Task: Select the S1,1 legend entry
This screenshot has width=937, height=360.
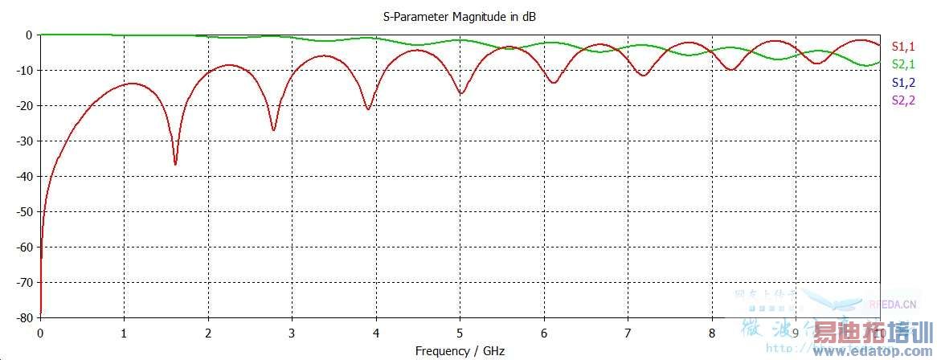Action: [x=904, y=46]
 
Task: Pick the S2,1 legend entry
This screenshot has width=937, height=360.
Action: [x=904, y=64]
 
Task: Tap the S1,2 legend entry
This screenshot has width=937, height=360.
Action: [x=904, y=83]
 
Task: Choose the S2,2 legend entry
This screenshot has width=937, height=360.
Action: [x=904, y=100]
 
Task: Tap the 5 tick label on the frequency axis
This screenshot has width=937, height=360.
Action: [x=460, y=333]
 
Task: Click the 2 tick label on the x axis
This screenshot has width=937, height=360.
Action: [x=208, y=333]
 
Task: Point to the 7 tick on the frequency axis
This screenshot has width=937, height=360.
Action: [x=628, y=333]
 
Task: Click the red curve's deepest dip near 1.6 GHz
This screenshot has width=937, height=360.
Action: [x=175, y=164]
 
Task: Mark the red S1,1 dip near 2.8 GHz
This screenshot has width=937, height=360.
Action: [x=274, y=129]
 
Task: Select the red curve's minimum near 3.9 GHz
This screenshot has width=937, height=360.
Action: [x=368, y=108]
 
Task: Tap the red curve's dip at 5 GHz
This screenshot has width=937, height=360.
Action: [x=460, y=93]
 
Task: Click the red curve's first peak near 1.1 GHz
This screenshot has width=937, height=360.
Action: [x=131, y=84]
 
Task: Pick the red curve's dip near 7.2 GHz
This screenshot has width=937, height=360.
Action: [x=642, y=75]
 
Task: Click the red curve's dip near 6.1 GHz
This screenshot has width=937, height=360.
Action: [x=553, y=82]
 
